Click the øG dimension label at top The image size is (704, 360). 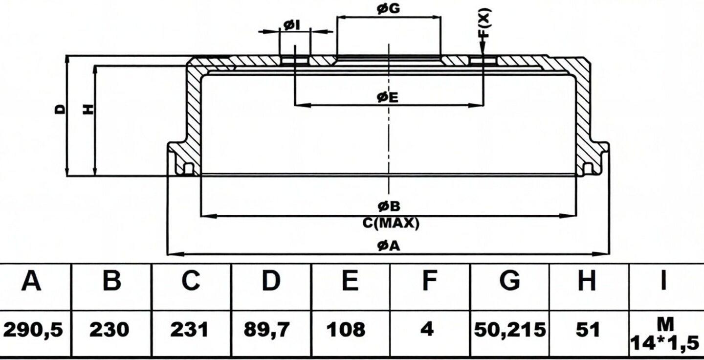point(389,9)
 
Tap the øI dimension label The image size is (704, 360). point(292,25)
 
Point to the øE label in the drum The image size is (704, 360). point(388,97)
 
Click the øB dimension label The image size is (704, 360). point(389,206)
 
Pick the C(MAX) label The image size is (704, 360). point(391,223)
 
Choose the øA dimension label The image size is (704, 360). point(389,246)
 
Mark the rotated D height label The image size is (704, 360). point(60,109)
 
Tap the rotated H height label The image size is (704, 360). point(88,109)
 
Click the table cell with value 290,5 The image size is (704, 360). point(33,330)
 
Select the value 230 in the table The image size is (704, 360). point(109,330)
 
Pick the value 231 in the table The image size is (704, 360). point(189,330)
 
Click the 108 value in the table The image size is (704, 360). point(346,330)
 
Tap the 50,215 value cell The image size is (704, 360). point(510,330)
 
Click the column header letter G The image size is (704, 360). point(509,280)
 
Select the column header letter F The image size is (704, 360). point(430,280)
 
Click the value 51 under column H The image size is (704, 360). point(587,330)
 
